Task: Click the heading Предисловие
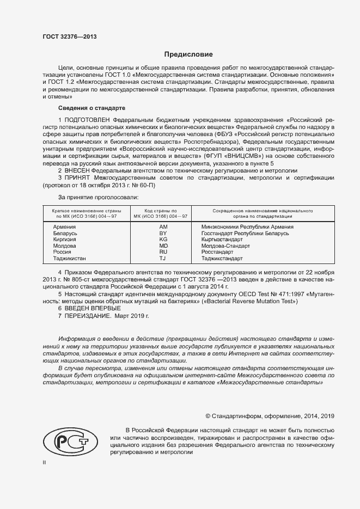189,54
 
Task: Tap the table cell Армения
64,226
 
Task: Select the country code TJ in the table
163,259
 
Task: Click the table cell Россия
62,252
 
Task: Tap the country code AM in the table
163,226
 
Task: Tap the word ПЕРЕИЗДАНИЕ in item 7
88,315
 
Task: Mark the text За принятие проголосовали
98,197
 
